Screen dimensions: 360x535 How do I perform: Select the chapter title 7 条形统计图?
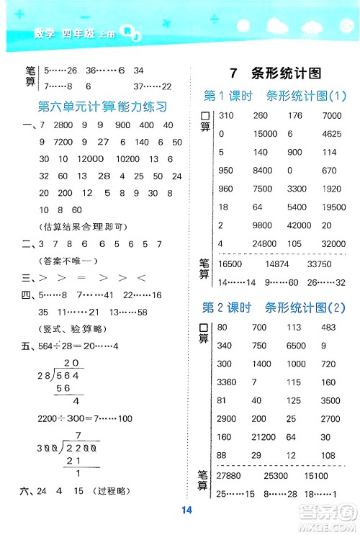(273, 73)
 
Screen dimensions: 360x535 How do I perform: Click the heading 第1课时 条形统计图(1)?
(271, 96)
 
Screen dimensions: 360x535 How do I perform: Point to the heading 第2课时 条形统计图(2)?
(272, 307)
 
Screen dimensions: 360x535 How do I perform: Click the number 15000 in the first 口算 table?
(265, 133)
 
